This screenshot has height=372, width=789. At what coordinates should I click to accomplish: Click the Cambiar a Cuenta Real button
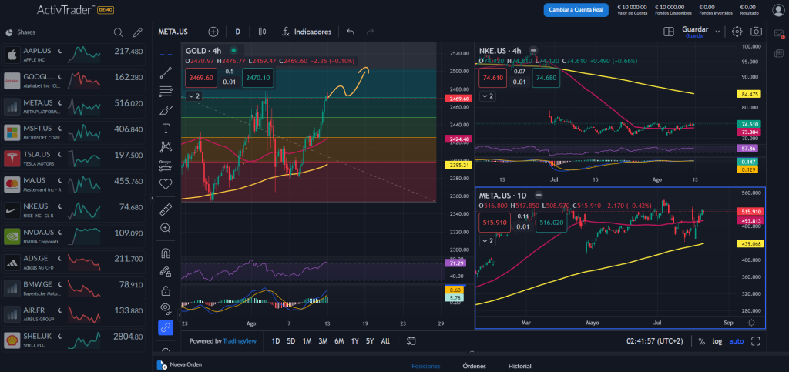point(576,10)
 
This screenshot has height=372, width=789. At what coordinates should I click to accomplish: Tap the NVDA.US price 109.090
point(128,233)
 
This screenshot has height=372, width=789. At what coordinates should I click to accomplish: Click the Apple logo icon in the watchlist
point(12,55)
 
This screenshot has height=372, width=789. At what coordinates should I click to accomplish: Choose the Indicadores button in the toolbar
point(306,32)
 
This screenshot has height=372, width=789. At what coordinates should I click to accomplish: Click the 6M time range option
point(339,340)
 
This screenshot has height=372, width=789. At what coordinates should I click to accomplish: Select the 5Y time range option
point(370,340)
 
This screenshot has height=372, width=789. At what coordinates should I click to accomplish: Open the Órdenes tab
point(474,366)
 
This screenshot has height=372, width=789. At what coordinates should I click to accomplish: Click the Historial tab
point(520,366)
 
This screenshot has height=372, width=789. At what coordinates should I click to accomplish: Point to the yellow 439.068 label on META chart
point(750,243)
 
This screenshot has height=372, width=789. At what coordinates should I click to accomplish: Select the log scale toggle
point(717,341)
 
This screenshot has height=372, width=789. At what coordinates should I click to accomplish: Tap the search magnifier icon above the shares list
point(118,32)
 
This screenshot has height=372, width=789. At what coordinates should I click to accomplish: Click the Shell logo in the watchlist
point(12,340)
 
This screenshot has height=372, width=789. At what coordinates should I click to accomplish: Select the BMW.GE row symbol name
point(37,283)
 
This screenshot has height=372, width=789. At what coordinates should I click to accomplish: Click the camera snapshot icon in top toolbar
point(757,32)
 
